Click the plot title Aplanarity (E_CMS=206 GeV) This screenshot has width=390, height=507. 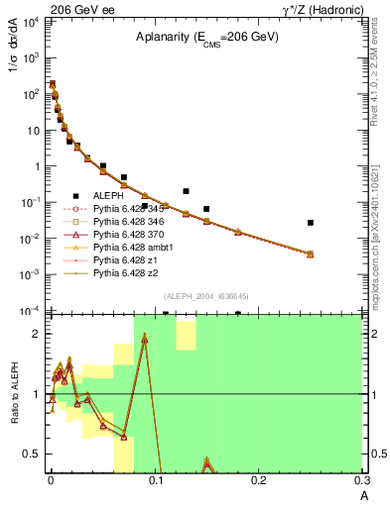[x=207, y=37]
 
